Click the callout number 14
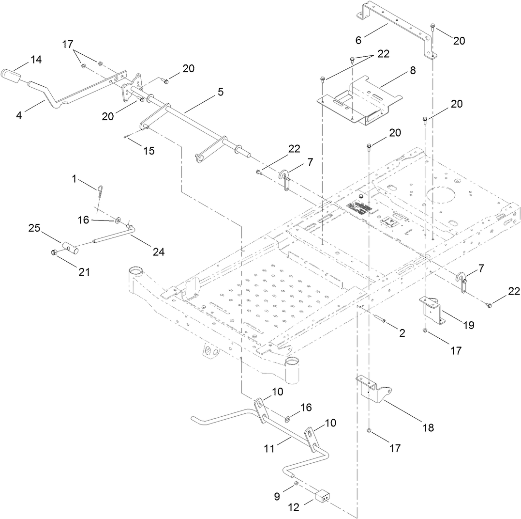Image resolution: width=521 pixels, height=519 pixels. [36, 60]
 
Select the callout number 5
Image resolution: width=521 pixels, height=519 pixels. [221, 92]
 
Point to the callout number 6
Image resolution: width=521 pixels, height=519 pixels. [358, 40]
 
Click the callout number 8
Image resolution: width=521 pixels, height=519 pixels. [413, 70]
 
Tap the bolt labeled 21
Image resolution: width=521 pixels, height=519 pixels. [55, 252]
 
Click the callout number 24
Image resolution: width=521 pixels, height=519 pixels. [159, 252]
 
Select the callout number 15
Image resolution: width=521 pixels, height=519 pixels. [149, 151]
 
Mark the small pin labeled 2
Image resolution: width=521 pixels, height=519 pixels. [380, 320]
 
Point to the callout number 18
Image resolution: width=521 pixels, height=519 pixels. [428, 427]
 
